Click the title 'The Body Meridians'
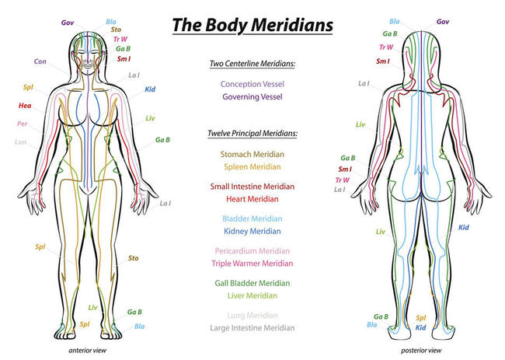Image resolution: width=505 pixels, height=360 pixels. (252, 25)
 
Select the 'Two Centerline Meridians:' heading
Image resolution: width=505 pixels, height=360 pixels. (252, 64)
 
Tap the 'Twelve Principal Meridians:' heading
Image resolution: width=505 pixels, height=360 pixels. (252, 133)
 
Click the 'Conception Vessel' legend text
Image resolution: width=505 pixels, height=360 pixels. (252, 84)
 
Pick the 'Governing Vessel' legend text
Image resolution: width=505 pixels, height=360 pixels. (252, 96)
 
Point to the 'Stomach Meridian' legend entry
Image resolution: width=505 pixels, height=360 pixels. (252, 155)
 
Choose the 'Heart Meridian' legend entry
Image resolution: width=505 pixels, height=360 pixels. (252, 199)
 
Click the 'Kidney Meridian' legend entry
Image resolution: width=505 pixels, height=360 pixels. (252, 232)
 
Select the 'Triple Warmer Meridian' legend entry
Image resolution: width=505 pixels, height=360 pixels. (252, 264)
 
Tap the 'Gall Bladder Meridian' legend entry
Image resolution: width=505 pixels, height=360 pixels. (252, 283)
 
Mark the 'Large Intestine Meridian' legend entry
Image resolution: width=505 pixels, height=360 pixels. (252, 328)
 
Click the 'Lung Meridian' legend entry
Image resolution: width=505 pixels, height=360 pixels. (252, 315)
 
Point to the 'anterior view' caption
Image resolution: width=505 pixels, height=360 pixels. (87, 351)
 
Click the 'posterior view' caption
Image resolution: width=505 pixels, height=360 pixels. (421, 351)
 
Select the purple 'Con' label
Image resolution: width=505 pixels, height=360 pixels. (40, 61)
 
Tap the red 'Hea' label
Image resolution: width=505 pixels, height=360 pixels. (25, 106)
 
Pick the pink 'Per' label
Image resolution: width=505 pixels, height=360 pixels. (23, 124)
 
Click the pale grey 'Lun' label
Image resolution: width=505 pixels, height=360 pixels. (20, 142)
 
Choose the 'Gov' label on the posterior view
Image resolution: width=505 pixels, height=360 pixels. (443, 22)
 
